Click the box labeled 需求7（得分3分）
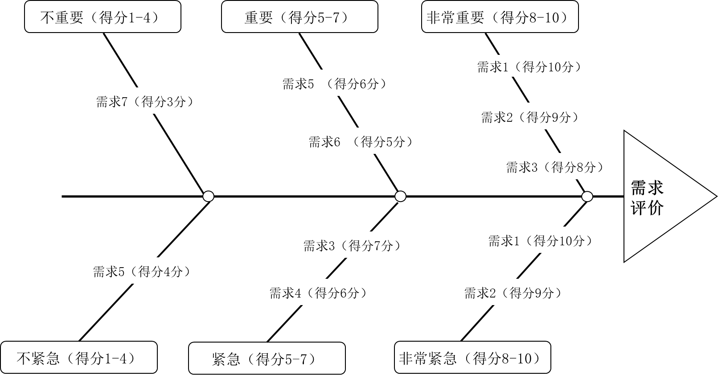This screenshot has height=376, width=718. click(147, 101)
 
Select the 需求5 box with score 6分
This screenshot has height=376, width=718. click(336, 83)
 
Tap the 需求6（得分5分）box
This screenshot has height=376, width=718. click(363, 141)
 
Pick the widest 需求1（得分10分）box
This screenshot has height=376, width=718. click(531, 66)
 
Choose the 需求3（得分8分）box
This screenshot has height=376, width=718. click(557, 166)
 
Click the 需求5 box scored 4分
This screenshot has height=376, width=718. click(144, 271)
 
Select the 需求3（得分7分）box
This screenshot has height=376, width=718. click(354, 245)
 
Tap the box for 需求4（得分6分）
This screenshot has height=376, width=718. click(320, 292)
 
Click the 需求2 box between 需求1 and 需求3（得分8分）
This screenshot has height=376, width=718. click(532, 116)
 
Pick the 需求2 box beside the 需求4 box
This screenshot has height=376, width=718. click(515, 292)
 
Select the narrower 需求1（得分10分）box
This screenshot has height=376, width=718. click(542, 240)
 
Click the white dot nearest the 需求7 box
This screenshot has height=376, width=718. click(208, 196)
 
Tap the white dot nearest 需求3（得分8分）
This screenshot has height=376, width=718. click(587, 196)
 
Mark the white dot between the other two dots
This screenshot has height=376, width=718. click(400, 196)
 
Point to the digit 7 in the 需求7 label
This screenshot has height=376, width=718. click(125, 102)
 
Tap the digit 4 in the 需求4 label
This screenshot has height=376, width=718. click(298, 293)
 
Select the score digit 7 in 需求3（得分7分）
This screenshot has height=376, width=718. click(377, 246)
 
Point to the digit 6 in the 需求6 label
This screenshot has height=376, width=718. click(337, 142)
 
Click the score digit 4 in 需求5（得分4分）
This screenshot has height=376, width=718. click(167, 272)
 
